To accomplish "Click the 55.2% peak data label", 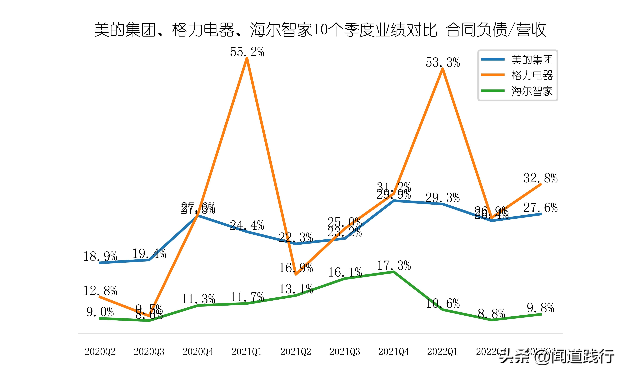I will (x=247, y=52).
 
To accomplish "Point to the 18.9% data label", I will (x=100, y=257).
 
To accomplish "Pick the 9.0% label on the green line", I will (x=100, y=312).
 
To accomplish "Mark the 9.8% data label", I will (x=540, y=308).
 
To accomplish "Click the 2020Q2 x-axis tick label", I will (x=100, y=352).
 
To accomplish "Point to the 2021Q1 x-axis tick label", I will (x=247, y=352).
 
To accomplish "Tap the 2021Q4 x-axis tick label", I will (x=394, y=352).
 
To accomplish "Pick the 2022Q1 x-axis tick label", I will (x=442, y=352).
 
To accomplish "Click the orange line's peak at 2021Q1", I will (x=247, y=59).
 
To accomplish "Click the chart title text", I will (x=320, y=30).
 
